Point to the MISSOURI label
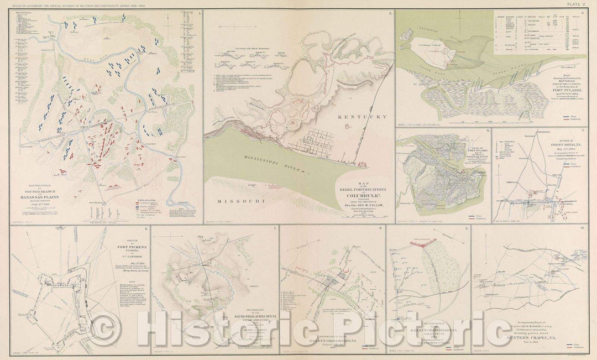click(x=239, y=201)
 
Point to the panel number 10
click(x=584, y=228)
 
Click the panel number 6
click(x=145, y=228)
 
